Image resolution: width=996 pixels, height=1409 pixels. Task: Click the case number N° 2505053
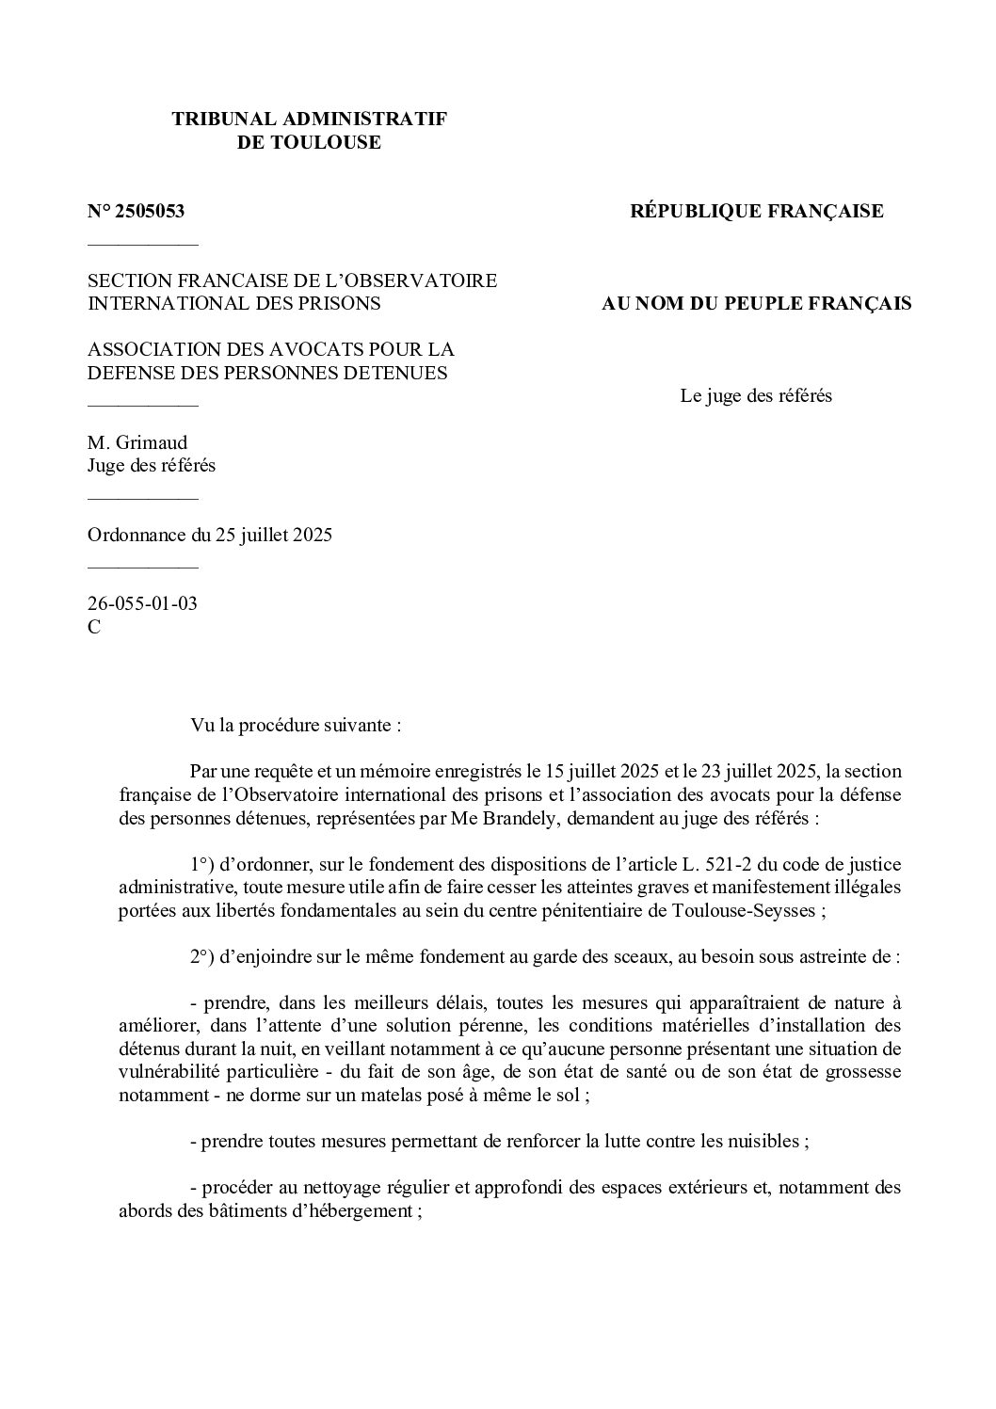coord(136,212)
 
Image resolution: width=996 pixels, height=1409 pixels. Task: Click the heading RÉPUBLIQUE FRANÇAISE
coord(756,212)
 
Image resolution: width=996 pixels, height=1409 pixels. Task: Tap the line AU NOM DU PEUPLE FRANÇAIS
coord(756,303)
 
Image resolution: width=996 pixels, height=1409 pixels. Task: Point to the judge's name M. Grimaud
coord(137,442)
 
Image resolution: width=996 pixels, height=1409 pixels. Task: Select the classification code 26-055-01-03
coord(142,603)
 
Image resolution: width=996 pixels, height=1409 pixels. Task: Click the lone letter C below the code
coord(94,627)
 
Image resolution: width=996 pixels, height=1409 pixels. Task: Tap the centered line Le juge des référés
coord(756,395)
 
